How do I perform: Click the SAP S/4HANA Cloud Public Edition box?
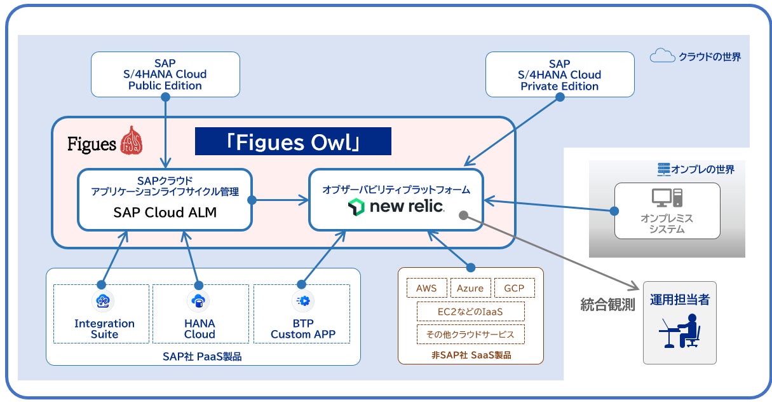[x=165, y=74]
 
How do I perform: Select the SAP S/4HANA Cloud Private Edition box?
[x=560, y=74]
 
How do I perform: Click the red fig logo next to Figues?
[x=132, y=140]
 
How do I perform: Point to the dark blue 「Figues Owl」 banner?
[x=293, y=141]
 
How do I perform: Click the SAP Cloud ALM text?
[x=165, y=212]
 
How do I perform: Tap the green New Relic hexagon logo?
[x=356, y=207]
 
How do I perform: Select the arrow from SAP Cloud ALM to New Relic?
[x=280, y=200]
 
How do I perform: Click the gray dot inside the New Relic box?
[x=464, y=216]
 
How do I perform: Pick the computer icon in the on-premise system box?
[x=667, y=198]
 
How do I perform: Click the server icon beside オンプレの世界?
[x=664, y=169]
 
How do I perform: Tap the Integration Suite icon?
[x=103, y=301]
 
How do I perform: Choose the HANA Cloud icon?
[x=198, y=301]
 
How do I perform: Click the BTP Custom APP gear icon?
[x=303, y=301]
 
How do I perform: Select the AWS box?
[x=427, y=288]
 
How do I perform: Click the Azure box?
[x=470, y=288]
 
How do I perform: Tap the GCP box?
[x=515, y=288]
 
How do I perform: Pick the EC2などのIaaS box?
[x=470, y=311]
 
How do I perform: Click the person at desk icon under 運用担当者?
[x=680, y=331]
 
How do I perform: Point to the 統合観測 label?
[x=607, y=305]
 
